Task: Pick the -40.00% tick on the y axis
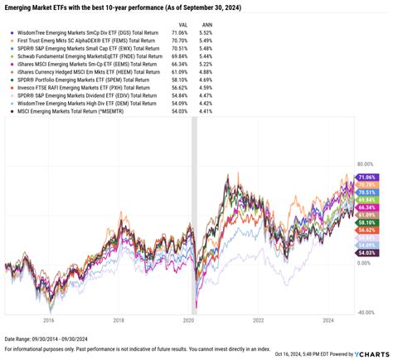click(x=366, y=312)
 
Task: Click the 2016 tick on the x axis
click(x=49, y=319)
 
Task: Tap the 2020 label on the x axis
click(x=189, y=319)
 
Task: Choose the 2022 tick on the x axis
click(x=260, y=319)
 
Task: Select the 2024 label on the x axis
click(x=329, y=319)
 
